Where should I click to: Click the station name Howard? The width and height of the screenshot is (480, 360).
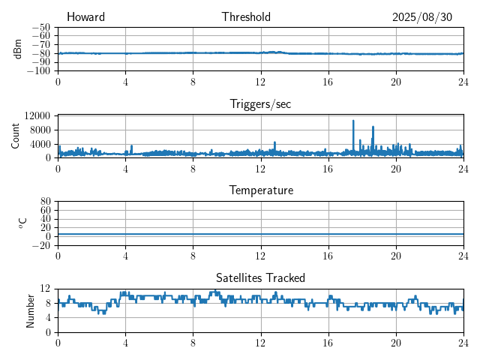85,17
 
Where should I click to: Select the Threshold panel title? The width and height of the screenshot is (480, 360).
246,17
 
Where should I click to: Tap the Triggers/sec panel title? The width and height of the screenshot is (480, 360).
260,104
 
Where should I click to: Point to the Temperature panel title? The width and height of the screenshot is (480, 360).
260,190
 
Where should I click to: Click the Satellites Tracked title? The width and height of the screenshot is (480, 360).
260,277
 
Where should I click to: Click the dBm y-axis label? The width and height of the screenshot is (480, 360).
17,49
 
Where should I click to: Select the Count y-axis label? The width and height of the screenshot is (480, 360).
15,136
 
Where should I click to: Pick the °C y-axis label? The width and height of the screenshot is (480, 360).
23,223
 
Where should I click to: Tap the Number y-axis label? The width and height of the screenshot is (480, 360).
30,310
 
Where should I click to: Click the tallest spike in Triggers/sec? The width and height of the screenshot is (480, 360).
353,121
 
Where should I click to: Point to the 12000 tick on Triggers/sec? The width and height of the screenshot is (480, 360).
37,115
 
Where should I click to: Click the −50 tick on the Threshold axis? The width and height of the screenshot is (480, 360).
40,27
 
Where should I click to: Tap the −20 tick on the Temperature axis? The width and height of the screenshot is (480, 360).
40,245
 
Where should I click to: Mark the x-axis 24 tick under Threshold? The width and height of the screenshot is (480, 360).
463,82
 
